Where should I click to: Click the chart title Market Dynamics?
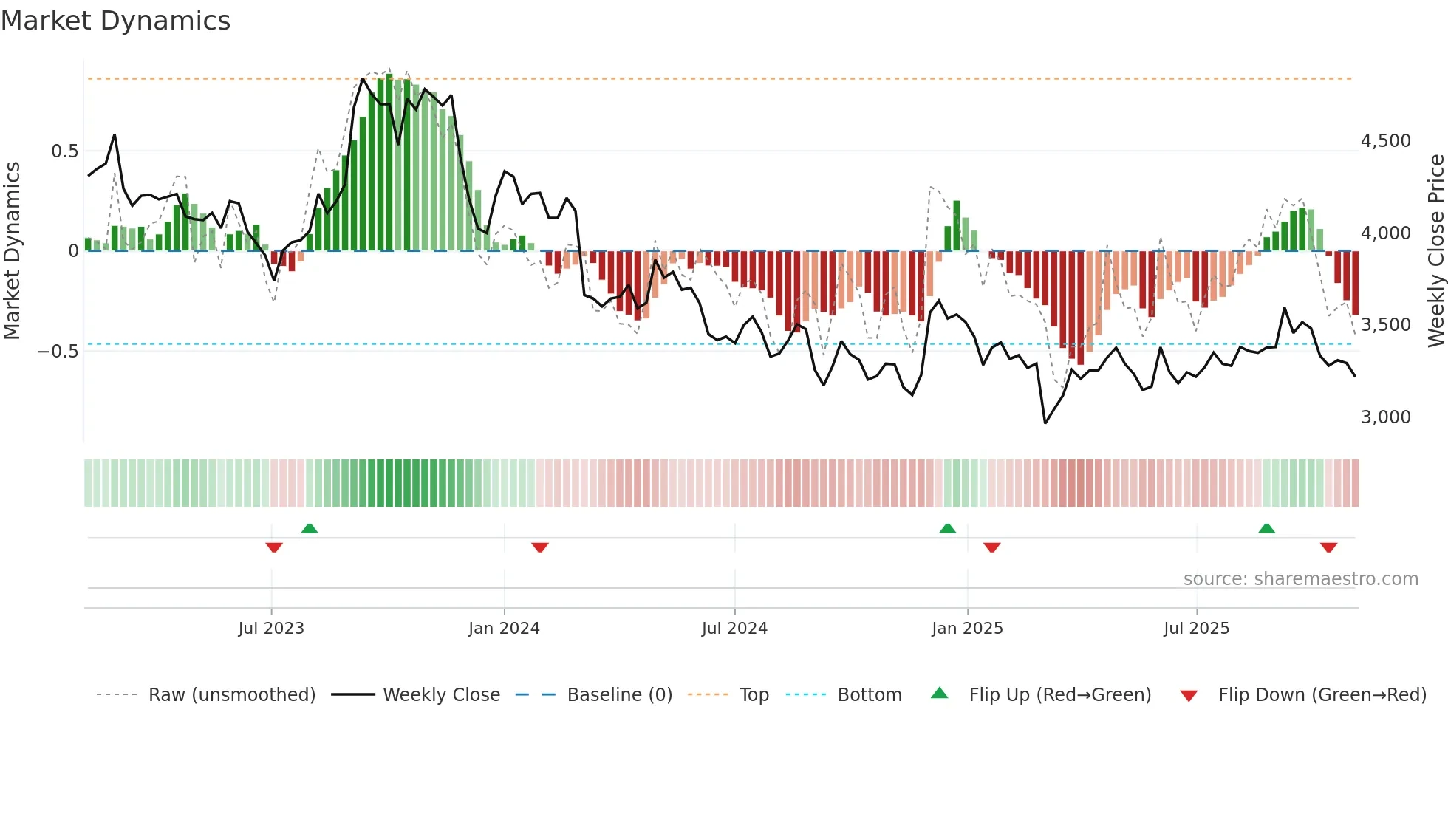pos(115,21)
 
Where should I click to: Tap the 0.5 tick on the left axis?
pos(64,151)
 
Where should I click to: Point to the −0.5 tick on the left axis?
pos(58,351)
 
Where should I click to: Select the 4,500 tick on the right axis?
pos(1385,141)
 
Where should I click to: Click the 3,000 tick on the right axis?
pos(1385,417)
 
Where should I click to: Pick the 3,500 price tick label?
pos(1385,325)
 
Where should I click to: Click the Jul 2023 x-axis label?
pos(271,629)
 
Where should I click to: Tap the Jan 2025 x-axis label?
pos(967,629)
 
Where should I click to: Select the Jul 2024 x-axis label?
pos(734,629)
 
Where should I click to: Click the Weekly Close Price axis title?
pos(1435,250)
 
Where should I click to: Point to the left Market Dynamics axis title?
pos(12,250)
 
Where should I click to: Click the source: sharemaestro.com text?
pos(1300,579)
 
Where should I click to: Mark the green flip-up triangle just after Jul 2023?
pos(310,528)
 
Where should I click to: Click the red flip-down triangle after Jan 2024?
pos(540,547)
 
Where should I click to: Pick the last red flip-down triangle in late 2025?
pos(1328,547)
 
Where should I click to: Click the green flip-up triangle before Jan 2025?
pos(947,528)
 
